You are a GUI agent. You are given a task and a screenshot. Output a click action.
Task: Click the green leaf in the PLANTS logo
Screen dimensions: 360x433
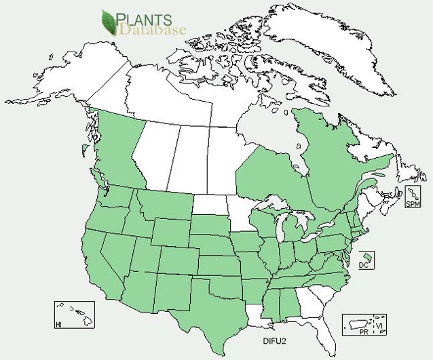[x=108, y=22]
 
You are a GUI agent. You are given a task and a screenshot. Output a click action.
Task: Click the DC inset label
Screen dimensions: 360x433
[x=362, y=265]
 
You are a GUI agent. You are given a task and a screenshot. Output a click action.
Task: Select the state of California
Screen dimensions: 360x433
[x=102, y=254]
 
